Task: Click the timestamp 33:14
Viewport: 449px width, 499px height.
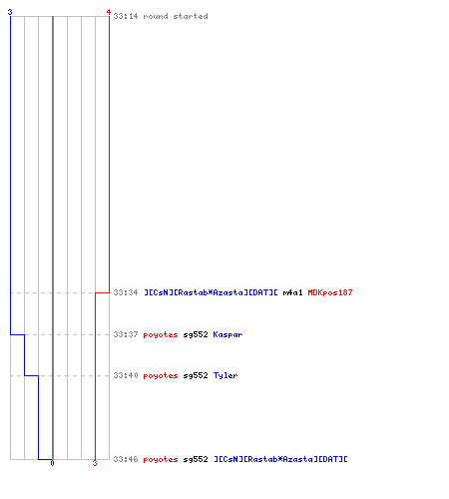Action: pos(126,16)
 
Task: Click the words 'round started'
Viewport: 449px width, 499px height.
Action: pos(176,16)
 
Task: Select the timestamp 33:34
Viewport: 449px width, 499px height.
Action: pos(126,292)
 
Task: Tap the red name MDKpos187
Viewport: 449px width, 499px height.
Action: pos(330,292)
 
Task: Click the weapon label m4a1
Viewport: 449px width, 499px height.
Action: pos(292,292)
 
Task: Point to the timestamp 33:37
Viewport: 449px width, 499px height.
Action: pos(126,334)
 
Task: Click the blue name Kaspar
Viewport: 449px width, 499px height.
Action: pos(227,334)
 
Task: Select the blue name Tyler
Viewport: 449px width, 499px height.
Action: pos(225,376)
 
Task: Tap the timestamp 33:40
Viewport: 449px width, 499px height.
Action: pos(126,375)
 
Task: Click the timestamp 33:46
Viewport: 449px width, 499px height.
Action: pos(126,459)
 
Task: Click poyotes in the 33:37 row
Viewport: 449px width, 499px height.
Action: pos(161,335)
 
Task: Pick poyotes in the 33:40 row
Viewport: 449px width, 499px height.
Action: pos(161,376)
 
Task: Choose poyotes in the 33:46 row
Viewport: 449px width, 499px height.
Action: pos(161,460)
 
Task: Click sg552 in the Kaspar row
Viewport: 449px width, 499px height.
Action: pos(196,335)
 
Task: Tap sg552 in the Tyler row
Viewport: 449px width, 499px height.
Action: pos(196,376)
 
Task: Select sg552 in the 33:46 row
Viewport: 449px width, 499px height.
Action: pos(196,460)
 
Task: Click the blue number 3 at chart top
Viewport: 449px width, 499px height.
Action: pos(10,12)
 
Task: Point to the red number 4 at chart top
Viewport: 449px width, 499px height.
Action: pos(109,12)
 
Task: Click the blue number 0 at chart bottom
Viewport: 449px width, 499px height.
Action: pos(52,463)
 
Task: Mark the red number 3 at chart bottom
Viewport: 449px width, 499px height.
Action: pos(95,463)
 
